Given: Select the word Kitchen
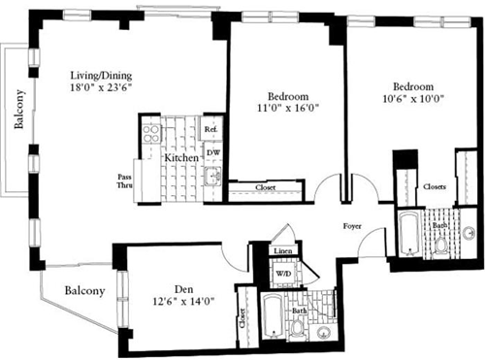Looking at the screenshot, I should [181, 157].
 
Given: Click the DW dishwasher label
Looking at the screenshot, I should [211, 152].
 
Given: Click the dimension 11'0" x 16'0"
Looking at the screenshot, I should [288, 110].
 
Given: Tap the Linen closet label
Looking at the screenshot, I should [282, 252].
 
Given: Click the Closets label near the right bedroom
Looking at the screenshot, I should [436, 186].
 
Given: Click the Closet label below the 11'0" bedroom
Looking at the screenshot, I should [265, 187].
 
